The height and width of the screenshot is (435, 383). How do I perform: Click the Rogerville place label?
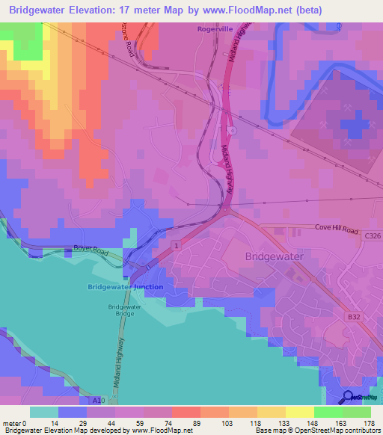(216, 29)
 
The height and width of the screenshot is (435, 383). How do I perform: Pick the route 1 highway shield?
(175, 245)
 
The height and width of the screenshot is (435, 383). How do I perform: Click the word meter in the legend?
(13, 422)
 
